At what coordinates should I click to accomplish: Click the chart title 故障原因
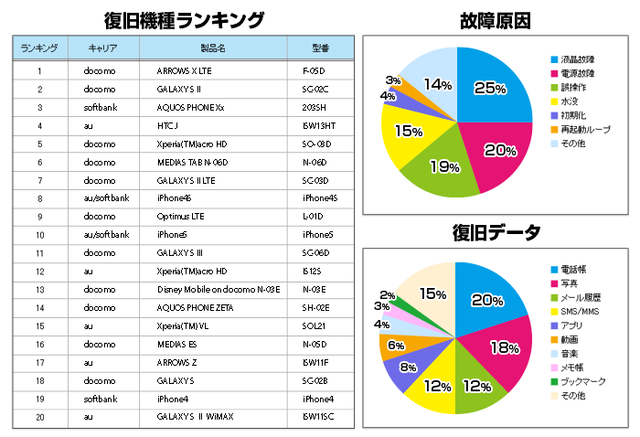point(496,20)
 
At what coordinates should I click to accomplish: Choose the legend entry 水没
point(569,101)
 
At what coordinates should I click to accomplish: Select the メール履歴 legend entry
point(580,297)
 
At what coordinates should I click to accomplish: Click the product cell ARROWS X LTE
point(184,70)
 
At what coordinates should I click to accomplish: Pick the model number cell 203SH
point(315,107)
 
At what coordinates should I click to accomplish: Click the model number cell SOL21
point(315,326)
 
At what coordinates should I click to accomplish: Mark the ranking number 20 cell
point(39,417)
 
